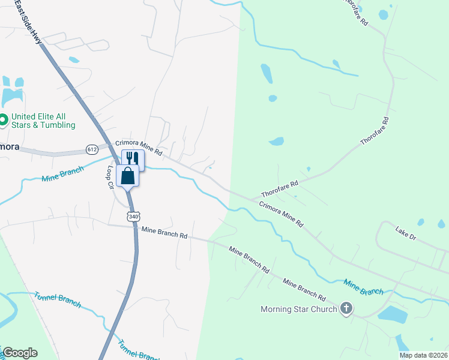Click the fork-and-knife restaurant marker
point(133,158)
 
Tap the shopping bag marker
point(128,176)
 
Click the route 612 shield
point(92,149)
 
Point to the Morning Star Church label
point(299,310)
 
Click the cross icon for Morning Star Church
point(346,309)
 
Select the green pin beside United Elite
point(4,120)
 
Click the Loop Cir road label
point(110,178)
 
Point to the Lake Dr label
point(405,233)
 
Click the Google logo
point(20,353)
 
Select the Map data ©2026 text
point(423,355)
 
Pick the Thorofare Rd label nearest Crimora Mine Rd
point(279,190)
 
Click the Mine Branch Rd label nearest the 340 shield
point(164,232)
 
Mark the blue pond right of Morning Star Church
point(393,313)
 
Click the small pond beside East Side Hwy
point(74,60)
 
